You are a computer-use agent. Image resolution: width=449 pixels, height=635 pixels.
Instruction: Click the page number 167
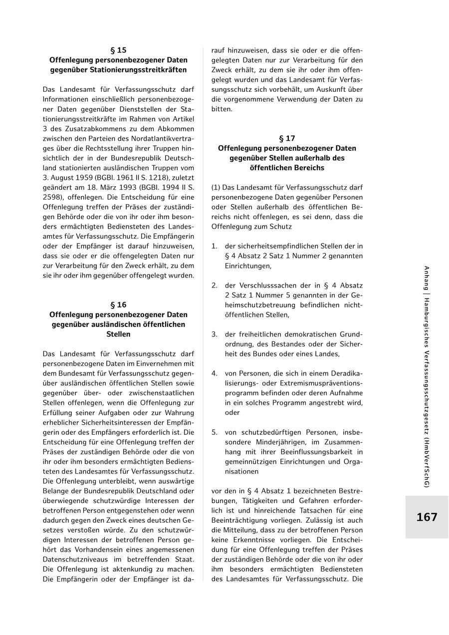[427, 517]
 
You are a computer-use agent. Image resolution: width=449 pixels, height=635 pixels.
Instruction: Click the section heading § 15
[118, 50]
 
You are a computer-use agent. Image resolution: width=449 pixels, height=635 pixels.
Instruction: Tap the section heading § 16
[118, 305]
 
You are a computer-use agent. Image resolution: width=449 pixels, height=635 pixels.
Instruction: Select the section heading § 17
[287, 138]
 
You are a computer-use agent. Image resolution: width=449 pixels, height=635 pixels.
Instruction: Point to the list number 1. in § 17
[214, 246]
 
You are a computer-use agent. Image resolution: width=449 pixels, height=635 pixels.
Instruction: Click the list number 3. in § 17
[214, 334]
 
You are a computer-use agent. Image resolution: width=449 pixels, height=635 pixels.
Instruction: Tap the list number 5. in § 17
[214, 432]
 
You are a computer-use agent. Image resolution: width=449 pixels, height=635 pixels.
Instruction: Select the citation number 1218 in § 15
[159, 177]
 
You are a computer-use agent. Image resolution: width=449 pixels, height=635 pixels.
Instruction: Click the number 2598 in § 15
[52, 197]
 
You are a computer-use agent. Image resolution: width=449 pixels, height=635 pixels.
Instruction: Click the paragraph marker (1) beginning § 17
[216, 187]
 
